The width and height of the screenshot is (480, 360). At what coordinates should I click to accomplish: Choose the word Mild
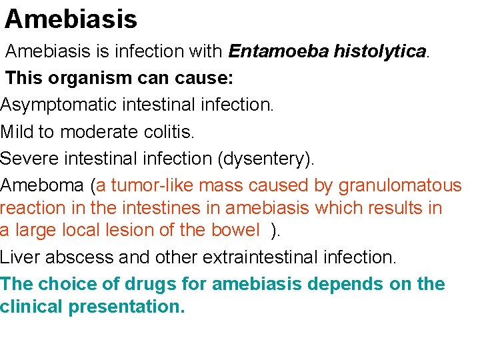click(x=17, y=132)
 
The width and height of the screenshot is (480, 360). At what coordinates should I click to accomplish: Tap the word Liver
click(x=19, y=257)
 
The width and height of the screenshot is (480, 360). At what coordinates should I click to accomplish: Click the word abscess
click(x=76, y=257)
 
